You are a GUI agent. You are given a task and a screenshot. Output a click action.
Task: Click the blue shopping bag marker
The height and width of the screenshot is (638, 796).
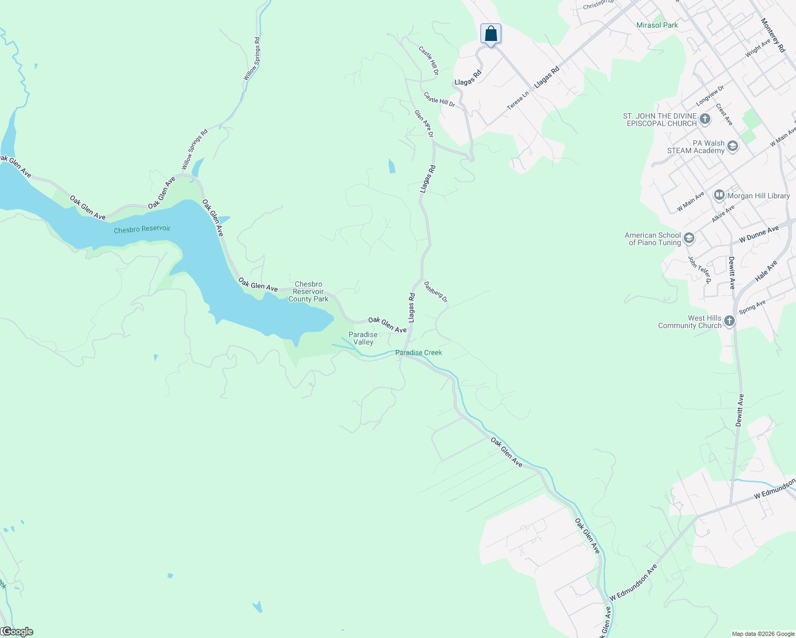491,34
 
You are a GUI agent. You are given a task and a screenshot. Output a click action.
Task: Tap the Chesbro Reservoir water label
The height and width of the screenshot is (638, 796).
142,229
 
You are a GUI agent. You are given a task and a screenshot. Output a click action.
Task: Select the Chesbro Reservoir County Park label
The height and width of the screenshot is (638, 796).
309,292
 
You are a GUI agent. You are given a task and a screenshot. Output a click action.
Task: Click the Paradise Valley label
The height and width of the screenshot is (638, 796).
363,338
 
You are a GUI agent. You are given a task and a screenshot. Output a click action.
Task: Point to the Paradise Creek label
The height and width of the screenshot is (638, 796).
418,352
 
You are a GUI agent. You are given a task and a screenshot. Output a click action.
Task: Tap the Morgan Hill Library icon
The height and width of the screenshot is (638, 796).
719,196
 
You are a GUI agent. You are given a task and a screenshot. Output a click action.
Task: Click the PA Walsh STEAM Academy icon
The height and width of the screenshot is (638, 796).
733,147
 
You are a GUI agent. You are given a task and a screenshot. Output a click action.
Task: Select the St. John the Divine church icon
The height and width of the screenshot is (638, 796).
705,119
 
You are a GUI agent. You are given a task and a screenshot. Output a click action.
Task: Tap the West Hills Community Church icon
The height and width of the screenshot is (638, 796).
729,321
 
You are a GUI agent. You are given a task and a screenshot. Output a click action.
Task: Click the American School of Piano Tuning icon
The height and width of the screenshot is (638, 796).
689,238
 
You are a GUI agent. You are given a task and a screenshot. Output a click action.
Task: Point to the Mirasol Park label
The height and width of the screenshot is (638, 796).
657,25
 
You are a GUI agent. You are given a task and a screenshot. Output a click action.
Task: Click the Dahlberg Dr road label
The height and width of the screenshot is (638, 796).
436,292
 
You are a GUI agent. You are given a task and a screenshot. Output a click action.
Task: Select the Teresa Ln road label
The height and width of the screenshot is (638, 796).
518,100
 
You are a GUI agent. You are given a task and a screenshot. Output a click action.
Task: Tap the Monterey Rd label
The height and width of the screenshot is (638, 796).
773,35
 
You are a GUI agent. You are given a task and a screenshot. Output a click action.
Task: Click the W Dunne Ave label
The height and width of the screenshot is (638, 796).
759,234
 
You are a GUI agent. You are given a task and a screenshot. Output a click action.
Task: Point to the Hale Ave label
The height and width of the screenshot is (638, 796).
766,271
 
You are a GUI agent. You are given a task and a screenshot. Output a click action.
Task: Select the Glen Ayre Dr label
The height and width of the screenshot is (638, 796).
424,123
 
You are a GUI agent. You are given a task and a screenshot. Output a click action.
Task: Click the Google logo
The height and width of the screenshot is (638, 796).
17,632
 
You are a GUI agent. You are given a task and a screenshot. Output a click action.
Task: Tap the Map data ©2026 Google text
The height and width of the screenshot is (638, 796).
763,634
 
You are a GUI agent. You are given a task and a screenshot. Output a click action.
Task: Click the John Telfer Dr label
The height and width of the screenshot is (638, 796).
700,270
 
